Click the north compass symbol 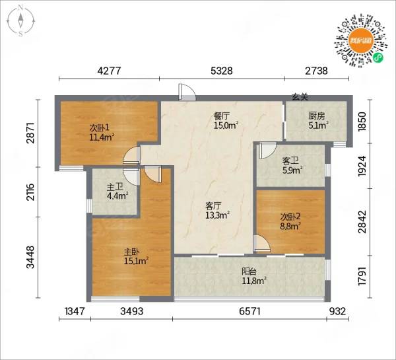tap(21, 21)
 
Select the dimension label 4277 tap(110, 71)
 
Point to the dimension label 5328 tap(222, 71)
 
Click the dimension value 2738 tap(316, 71)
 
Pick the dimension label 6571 tap(249, 311)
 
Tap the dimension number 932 tap(337, 311)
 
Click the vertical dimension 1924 tap(362, 166)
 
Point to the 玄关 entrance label tap(300, 96)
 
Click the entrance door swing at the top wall tap(187, 92)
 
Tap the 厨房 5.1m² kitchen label tap(318, 121)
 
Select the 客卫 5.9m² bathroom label tap(292, 166)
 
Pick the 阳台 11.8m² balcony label tap(254, 276)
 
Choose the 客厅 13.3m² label tap(217, 211)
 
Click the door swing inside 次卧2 tap(262, 244)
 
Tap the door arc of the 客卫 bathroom tap(267, 151)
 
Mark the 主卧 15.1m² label tap(135, 256)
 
